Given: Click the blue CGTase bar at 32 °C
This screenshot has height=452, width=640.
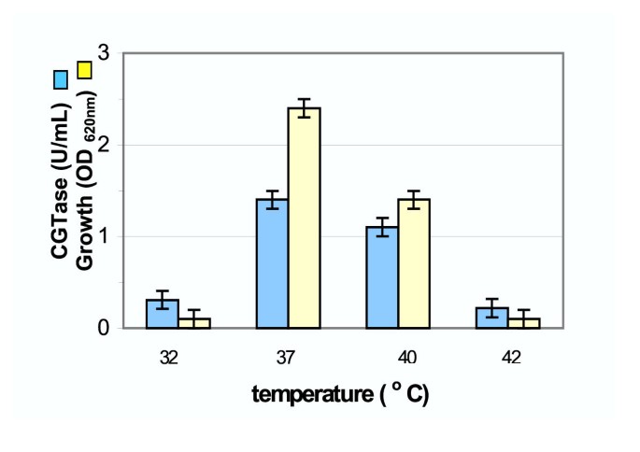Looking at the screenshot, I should pos(163,315).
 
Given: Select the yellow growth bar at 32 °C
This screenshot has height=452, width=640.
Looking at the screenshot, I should pos(194,323).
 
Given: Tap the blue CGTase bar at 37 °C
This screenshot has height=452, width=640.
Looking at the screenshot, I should pos(271,263).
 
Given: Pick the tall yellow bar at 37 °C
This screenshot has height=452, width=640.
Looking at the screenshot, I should pos(304,219).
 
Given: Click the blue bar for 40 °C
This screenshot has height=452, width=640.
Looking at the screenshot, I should pos(382,277).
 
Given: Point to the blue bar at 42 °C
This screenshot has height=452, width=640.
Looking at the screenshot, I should pos(491,318).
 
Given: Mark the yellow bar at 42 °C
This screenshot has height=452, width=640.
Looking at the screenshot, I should pos(523,323).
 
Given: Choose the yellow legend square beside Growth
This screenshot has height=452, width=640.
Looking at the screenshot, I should pos(84,68).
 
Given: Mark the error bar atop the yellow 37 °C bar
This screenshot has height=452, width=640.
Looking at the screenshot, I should pos(304,107).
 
